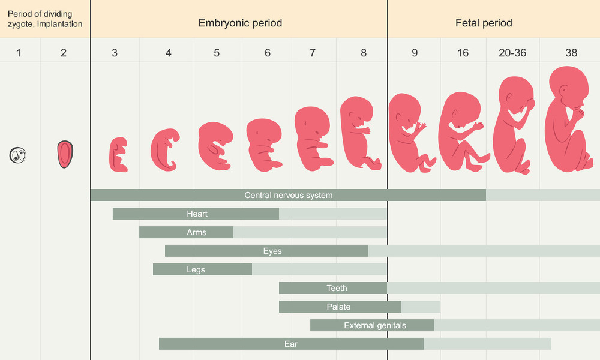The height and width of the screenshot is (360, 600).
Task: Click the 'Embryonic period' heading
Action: coord(240,23)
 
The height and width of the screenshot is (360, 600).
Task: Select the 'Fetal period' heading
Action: coord(484,23)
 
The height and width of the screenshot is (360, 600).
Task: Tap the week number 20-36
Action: coord(512,53)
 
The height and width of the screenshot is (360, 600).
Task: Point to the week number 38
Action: coord(571,53)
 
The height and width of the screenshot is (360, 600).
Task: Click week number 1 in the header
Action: coord(19,53)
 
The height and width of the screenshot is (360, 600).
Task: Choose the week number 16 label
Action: coord(463,53)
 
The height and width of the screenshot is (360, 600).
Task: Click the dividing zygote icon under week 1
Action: coord(19,155)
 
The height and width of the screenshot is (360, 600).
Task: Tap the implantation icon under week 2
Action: coord(65,154)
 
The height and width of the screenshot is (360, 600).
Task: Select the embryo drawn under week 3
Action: coord(118,155)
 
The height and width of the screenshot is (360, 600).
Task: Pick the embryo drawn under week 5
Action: coord(215,144)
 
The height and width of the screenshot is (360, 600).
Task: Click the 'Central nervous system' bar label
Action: coord(288,195)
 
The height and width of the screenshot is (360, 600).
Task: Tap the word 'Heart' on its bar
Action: coord(197,214)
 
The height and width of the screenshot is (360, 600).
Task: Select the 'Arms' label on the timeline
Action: coord(196,232)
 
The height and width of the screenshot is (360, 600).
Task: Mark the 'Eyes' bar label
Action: coord(272,251)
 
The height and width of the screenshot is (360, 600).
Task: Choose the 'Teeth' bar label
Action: coord(337,288)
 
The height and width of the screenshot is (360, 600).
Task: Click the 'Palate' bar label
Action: coord(338,307)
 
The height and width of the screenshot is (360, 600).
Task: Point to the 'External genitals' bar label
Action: coord(375,325)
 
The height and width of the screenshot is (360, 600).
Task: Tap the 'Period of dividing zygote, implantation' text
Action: coord(45,19)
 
